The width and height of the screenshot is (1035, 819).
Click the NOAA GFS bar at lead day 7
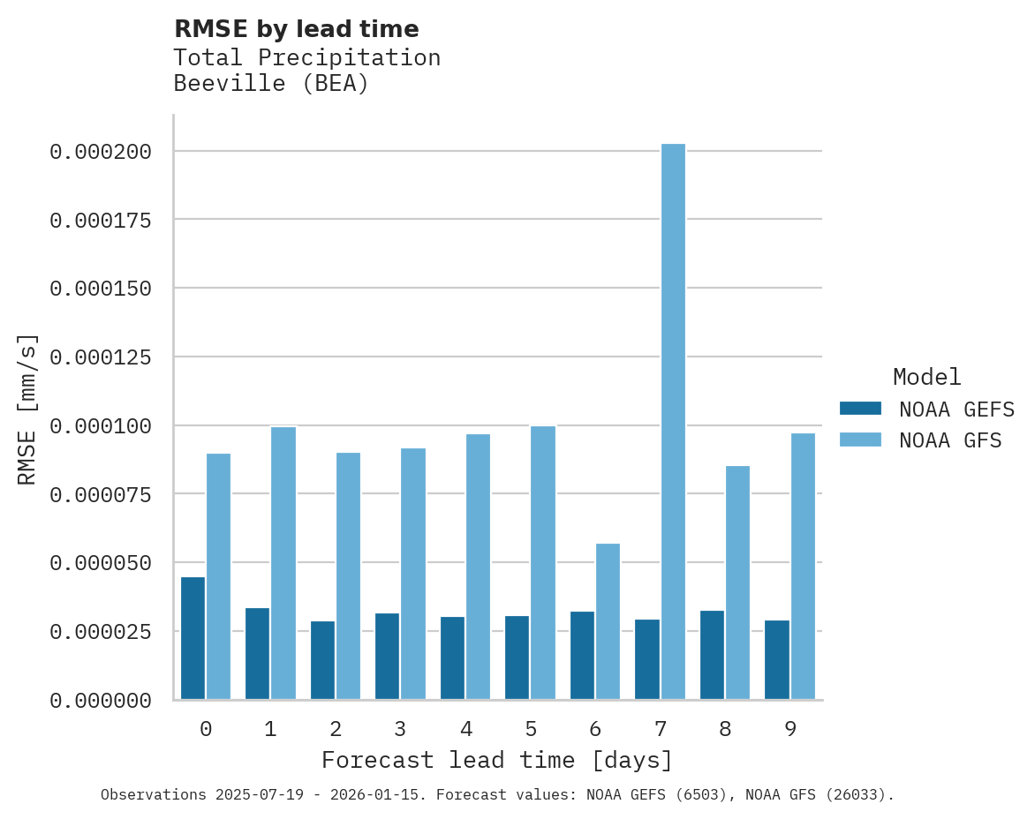coord(673,422)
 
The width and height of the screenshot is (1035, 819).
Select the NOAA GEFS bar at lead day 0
coord(193,638)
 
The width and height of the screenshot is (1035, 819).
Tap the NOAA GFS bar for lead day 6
coord(608,621)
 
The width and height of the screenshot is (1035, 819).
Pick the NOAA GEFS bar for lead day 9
coord(777,659)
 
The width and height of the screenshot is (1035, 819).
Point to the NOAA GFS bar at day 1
coord(283,563)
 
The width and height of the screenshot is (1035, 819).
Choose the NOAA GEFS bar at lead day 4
coord(452,657)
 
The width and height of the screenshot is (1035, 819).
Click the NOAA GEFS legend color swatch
coord(860,409)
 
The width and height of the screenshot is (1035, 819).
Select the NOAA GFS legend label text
coord(950,440)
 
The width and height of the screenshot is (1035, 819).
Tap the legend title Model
coord(926,377)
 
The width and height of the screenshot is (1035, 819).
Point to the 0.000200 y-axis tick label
coord(101,152)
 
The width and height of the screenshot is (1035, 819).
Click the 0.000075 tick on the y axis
coord(101,494)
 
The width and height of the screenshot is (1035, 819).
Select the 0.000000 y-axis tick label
coord(101,701)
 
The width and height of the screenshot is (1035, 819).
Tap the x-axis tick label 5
coord(530,729)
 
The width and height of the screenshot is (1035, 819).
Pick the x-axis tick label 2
coord(336,729)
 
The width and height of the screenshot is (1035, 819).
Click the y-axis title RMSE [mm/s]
coord(27,409)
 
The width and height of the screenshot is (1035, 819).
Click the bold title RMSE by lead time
coord(296,29)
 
